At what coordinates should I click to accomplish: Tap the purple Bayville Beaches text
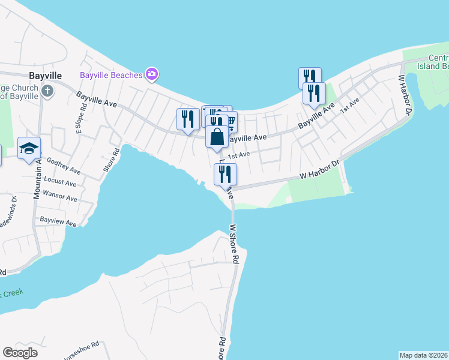[x=111, y=75]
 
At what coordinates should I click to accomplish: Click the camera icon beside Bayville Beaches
[x=152, y=74]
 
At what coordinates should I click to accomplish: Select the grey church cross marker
[x=47, y=91]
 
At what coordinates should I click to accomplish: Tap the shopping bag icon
[x=217, y=137]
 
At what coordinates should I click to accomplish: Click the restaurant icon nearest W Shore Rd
[x=226, y=175]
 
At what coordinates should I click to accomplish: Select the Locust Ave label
[x=61, y=181]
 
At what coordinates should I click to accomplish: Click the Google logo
[x=20, y=352]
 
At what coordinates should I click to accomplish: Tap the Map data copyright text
[x=422, y=355]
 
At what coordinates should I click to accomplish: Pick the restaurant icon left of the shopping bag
[x=188, y=119]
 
